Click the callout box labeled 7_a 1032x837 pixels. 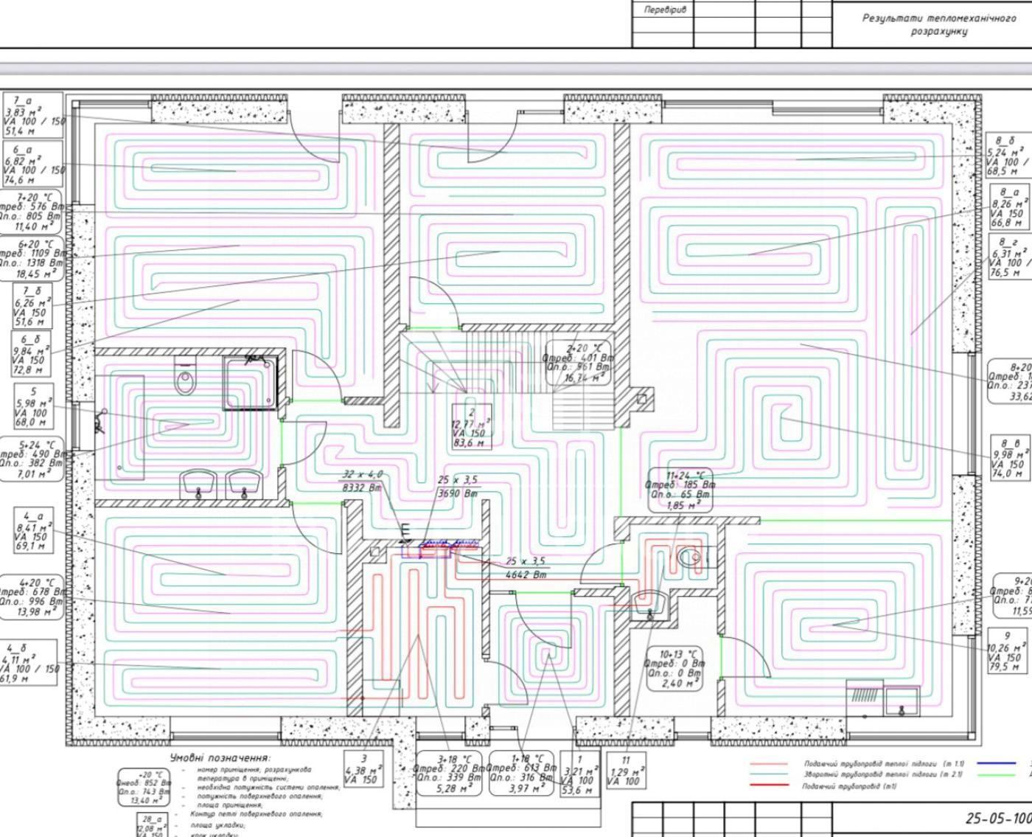point(33,115)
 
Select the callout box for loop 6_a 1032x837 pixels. point(33,164)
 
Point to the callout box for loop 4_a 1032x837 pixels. point(32,532)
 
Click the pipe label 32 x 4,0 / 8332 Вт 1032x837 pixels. point(362,481)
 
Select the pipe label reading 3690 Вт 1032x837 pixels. point(458,487)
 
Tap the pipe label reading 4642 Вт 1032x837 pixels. point(526,568)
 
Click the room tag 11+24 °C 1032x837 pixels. point(680,490)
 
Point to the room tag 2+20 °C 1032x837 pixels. point(578,363)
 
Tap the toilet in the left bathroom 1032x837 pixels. point(184,378)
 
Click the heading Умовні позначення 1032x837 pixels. point(220,757)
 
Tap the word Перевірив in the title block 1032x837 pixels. point(664,10)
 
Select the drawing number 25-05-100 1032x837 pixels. point(997,818)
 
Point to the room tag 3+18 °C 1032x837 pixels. point(450,774)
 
